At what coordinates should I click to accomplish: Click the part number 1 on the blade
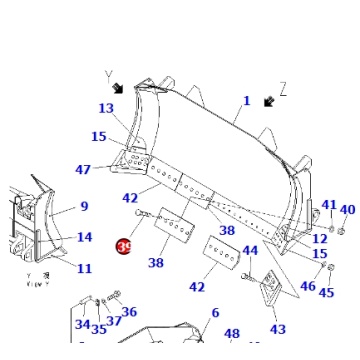(x=247, y=101)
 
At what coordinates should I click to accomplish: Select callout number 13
(x=105, y=109)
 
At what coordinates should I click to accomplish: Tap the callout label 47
(x=84, y=170)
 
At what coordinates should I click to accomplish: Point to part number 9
(x=84, y=207)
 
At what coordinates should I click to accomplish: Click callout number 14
(x=84, y=237)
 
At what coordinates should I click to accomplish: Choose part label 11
(x=84, y=268)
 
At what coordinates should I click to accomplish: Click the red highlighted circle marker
(x=124, y=246)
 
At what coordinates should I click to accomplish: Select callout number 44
(x=251, y=251)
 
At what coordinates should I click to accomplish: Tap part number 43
(x=277, y=329)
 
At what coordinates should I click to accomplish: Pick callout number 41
(x=329, y=205)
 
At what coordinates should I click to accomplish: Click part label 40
(x=347, y=210)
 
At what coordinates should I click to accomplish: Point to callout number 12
(x=319, y=239)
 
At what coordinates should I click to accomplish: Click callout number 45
(x=326, y=293)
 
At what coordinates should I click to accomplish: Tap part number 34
(x=82, y=325)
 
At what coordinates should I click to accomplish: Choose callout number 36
(x=129, y=312)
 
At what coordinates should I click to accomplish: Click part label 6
(x=214, y=313)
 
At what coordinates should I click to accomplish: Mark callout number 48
(x=232, y=335)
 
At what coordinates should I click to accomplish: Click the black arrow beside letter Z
(x=268, y=101)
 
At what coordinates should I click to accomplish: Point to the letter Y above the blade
(x=108, y=75)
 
